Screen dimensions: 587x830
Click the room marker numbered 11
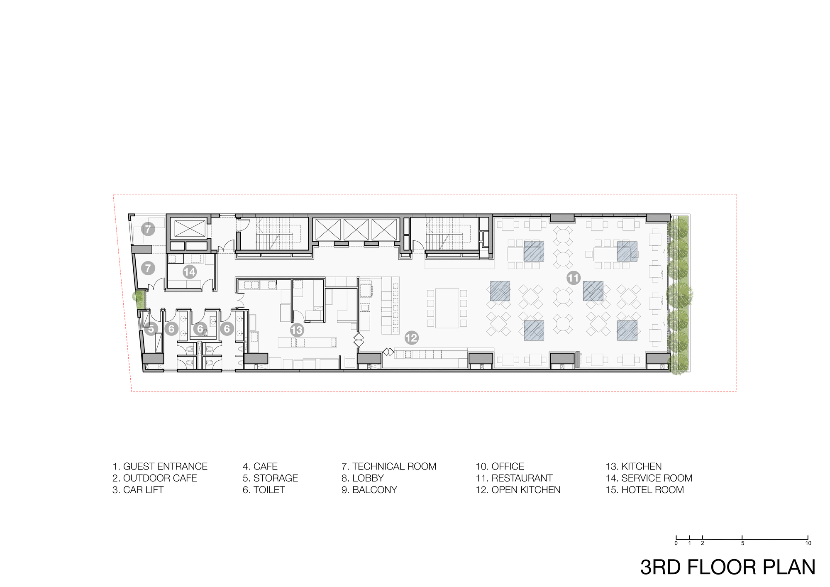pos(574,278)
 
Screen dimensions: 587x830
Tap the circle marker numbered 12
pos(411,338)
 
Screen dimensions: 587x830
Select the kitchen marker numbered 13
pos(297,330)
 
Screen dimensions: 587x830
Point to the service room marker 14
pos(190,272)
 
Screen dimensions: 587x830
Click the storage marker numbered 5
pos(151,329)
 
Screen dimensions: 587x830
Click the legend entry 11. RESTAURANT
pos(514,478)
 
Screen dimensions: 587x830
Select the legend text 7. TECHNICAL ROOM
pos(388,466)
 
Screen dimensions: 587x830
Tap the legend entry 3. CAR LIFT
pos(138,489)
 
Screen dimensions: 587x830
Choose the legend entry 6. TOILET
pos(264,489)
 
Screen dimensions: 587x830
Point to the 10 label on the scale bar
pos(808,543)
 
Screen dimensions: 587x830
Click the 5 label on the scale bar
pos(742,543)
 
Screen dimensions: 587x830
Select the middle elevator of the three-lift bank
pos(356,230)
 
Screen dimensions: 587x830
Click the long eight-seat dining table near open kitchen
pos(447,308)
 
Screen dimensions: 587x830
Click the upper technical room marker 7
pos(148,229)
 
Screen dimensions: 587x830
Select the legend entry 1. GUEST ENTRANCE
pos(160,466)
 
